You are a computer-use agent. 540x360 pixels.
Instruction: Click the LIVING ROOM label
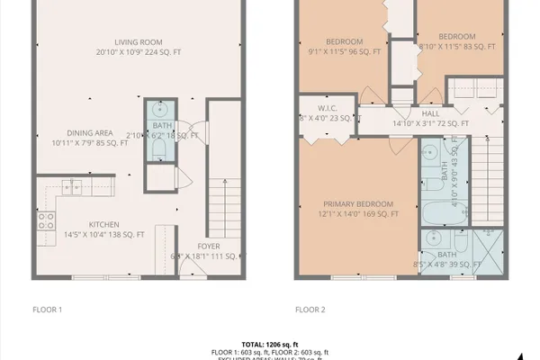tap(138, 41)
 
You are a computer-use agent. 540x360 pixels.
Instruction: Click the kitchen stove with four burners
tap(45, 220)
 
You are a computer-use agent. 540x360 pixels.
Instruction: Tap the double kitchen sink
tap(71, 187)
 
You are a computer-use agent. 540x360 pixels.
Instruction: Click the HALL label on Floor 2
tap(430, 113)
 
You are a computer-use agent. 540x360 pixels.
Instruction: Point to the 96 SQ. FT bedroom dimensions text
tap(344, 52)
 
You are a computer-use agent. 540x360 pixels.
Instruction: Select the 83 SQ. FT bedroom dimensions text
tap(459, 45)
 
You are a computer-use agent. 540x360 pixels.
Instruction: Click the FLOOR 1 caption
tap(47, 310)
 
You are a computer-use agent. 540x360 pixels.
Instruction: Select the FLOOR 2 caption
tap(310, 310)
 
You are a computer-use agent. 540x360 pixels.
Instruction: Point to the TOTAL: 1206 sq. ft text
tap(269, 344)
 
